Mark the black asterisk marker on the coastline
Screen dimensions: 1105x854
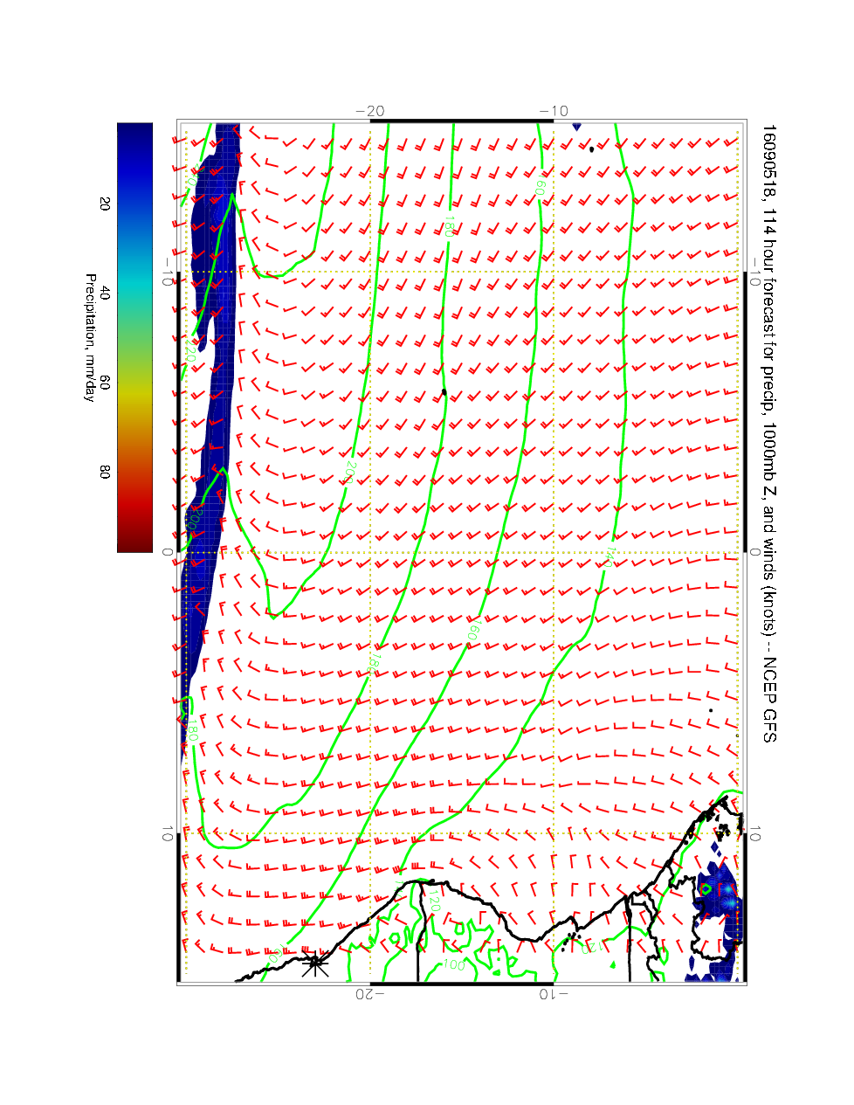314,964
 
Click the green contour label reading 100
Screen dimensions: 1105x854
451,964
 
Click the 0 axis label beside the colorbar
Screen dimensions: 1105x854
166,553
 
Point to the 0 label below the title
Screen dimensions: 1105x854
756,553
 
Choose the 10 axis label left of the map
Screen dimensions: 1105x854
166,835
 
